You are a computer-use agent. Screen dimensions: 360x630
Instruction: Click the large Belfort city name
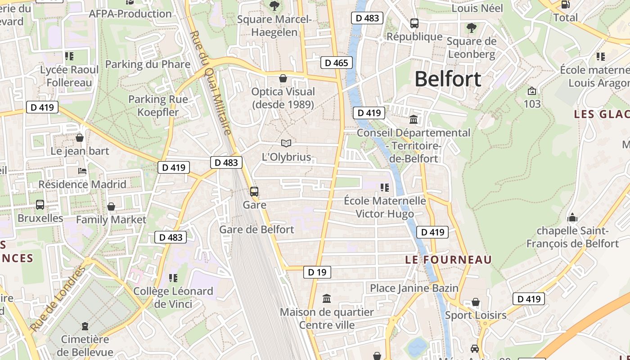coord(448,79)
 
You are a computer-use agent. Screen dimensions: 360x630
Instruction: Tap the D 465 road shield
coord(336,63)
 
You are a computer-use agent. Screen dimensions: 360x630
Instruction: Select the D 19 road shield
coord(317,272)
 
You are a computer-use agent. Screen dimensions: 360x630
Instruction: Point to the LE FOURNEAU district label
coord(448,260)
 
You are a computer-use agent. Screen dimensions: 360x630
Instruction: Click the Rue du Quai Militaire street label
coord(210,83)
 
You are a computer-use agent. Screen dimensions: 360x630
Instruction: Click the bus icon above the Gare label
coord(254,192)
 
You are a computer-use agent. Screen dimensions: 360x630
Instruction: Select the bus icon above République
coord(414,23)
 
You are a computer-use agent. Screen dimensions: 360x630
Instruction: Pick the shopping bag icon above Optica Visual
coord(283,78)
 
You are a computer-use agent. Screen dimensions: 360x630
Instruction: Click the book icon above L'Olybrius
coord(286,144)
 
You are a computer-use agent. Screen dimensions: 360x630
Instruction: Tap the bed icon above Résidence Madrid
coord(82,171)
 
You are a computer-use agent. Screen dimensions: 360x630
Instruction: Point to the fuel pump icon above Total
coord(566,4)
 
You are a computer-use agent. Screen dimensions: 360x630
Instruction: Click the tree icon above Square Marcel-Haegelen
coord(274,6)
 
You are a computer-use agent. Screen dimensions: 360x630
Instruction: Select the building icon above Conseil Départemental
coord(414,119)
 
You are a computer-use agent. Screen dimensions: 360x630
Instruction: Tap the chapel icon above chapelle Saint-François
coord(572,218)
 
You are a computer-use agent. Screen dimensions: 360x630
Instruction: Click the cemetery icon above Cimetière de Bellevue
coord(85,326)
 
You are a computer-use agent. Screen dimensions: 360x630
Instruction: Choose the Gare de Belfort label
coord(256,229)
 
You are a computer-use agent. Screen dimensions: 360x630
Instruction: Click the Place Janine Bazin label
coord(414,288)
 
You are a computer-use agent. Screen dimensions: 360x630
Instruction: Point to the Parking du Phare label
coord(148,64)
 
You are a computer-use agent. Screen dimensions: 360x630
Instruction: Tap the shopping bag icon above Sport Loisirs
coord(476,302)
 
